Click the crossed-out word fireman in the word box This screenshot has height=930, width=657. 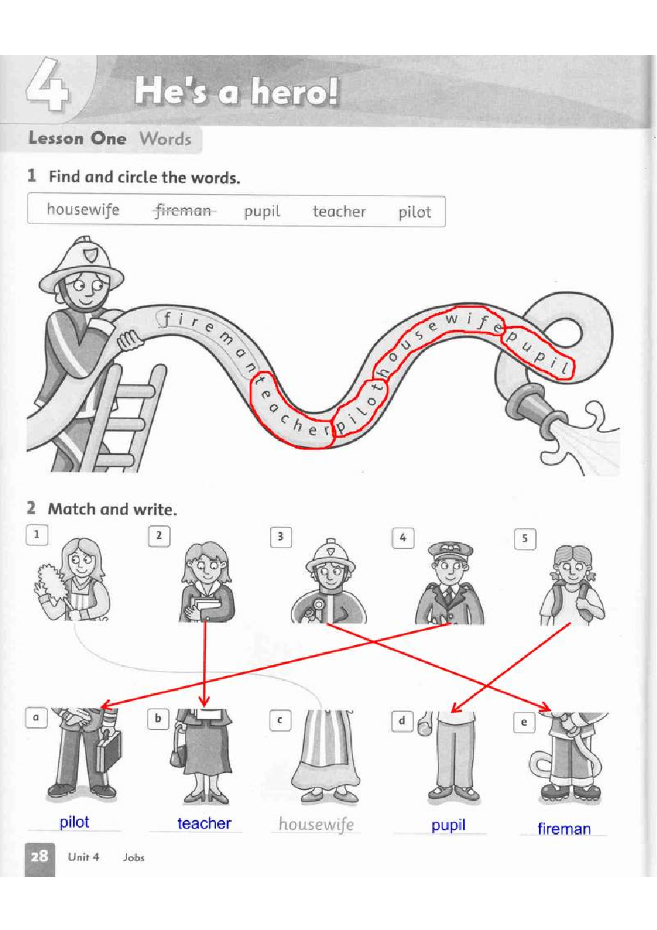[x=183, y=211]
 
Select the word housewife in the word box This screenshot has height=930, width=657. [x=83, y=210]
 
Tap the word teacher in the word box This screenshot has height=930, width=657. [x=339, y=211]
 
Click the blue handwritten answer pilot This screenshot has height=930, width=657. [x=74, y=822]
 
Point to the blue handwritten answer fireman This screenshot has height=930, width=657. [x=564, y=829]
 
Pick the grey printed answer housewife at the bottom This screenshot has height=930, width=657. [x=316, y=825]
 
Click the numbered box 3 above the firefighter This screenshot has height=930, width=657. [x=281, y=537]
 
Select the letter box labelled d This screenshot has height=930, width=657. [x=402, y=721]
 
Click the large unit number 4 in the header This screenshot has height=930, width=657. [x=48, y=85]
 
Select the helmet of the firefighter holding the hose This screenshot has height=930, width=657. [x=81, y=265]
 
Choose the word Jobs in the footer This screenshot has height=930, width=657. [x=134, y=857]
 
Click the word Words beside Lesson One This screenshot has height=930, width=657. [x=166, y=139]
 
